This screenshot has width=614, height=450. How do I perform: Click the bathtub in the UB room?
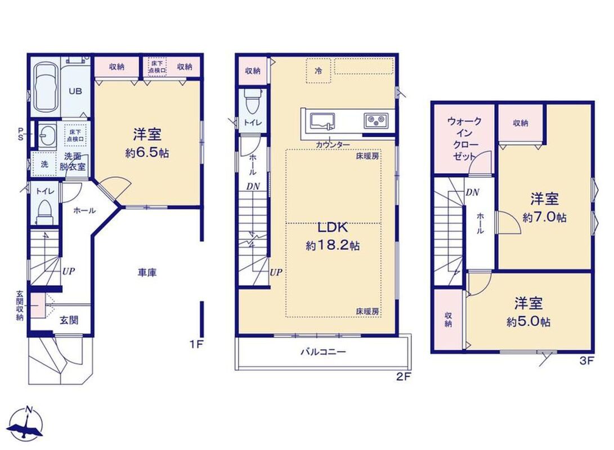pos(46,88)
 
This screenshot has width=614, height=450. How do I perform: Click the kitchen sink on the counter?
pos(323,121)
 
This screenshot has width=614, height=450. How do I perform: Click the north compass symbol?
pos(26,425)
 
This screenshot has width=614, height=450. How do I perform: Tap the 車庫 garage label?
pos(147,273)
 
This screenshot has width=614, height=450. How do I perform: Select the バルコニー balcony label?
pos(323,352)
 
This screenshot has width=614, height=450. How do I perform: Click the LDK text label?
pos(332,227)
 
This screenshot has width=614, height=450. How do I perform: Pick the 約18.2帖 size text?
pos(333,246)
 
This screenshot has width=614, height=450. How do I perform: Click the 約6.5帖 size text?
pos(147,153)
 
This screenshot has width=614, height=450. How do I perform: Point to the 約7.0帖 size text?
pos(544,218)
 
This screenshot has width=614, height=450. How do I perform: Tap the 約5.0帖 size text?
pos(528,322)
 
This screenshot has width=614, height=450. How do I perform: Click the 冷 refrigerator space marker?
pos(319,71)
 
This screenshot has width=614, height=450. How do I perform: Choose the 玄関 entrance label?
pos(69,321)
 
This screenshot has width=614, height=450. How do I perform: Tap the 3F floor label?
pos(586,361)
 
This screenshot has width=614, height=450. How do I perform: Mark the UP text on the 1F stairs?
pos(68,271)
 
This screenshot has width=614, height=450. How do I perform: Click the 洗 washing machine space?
pos(44,164)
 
